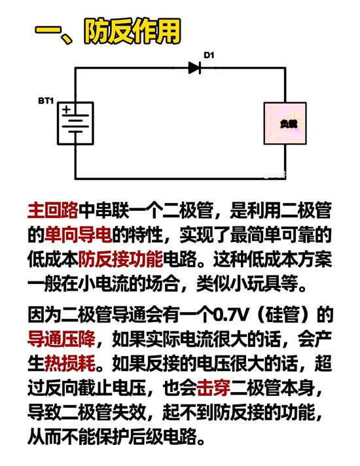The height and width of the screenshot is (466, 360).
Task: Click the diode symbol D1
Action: coord(194,68)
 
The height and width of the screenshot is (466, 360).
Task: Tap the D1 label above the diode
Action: coord(209,55)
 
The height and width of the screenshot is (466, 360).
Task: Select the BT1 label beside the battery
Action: coord(46,101)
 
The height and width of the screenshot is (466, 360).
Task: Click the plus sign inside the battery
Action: coord(67,109)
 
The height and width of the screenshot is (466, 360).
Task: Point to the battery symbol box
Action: coord(75,123)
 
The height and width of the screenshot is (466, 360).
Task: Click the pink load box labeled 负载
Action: coord(285,123)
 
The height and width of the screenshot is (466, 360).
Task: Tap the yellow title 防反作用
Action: coord(133,31)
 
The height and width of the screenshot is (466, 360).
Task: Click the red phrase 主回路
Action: coord(52,210)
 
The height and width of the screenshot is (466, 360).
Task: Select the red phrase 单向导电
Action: coord(78,235)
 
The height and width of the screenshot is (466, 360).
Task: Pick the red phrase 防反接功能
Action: coord(120,259)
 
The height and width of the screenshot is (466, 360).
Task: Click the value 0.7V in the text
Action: coord(230,315)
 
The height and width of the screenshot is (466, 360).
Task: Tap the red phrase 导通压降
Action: coord(61,339)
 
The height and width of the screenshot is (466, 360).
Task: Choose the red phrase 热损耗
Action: coord(69,363)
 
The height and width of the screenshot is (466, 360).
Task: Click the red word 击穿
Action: coord(213,387)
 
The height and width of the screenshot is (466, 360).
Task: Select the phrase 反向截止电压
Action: coord(95,387)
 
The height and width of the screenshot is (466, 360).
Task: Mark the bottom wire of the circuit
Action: coord(181,179)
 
